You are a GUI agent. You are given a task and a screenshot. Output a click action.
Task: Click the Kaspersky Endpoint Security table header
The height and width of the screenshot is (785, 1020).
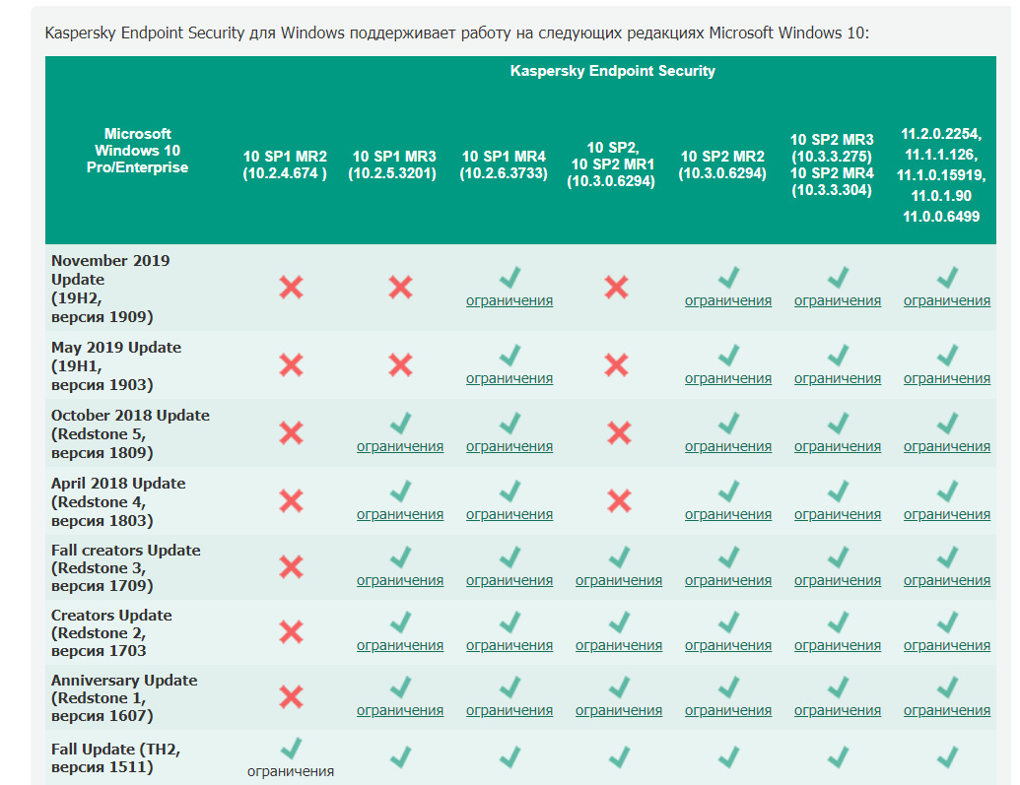point(612,71)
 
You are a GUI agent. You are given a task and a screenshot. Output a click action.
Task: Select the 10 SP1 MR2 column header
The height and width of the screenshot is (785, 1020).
point(285,164)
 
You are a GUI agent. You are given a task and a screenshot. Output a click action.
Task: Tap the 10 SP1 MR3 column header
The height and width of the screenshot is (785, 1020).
point(394,164)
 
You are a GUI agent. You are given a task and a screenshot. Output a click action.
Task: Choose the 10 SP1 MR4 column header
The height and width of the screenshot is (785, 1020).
point(504,164)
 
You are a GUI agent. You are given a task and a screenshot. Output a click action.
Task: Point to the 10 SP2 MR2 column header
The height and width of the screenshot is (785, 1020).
point(722,164)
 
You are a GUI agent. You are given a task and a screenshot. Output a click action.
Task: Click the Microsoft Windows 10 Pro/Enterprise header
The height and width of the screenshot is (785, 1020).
point(137,151)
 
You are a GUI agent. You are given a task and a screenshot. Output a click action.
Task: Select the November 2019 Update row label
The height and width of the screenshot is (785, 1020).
point(110,289)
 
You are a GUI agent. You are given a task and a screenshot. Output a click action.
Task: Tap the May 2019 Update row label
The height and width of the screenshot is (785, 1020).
point(115,365)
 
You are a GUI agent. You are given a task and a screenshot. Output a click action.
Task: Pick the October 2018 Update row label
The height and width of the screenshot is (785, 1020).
point(130,433)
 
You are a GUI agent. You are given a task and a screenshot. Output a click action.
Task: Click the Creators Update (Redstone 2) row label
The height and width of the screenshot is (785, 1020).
point(110,632)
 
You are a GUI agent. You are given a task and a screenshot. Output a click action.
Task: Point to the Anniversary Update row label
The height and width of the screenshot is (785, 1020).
point(123,697)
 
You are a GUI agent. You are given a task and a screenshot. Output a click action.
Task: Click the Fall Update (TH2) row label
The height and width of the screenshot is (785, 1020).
point(115,757)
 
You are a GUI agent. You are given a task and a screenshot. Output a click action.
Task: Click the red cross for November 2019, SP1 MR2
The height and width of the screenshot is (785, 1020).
point(291,288)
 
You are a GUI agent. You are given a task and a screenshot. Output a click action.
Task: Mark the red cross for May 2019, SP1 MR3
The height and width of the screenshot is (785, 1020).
point(400,364)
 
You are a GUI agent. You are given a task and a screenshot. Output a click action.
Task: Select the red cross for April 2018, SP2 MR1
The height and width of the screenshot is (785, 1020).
point(619,500)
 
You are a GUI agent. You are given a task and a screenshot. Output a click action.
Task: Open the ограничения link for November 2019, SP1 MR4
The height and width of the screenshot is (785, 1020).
point(510,300)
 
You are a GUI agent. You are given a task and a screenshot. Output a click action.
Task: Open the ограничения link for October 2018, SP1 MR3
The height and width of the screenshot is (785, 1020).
point(400,446)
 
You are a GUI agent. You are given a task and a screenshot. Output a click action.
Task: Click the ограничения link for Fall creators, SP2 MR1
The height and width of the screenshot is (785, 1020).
point(619,580)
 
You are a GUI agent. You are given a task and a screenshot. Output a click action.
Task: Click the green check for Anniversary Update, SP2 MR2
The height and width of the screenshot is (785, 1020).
point(728,687)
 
